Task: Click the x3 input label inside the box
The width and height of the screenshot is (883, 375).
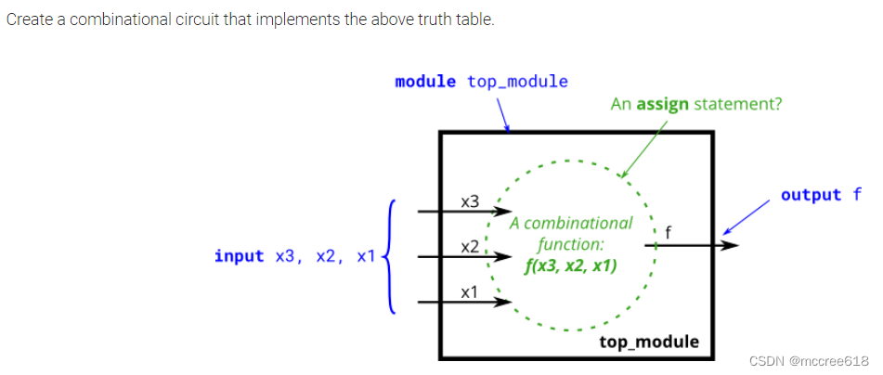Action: pos(471,200)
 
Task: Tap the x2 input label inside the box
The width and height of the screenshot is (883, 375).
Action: pos(470,246)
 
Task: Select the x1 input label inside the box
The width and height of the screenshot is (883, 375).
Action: pos(470,292)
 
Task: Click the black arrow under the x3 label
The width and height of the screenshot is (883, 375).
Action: pos(460,212)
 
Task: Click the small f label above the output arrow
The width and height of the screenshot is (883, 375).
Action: pos(669,231)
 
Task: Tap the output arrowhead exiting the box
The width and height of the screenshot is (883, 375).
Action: pos(731,245)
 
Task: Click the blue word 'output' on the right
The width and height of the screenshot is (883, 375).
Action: pos(811,195)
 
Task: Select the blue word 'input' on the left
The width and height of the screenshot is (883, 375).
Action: pos(239,255)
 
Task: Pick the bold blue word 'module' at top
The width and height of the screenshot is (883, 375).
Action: pos(425,82)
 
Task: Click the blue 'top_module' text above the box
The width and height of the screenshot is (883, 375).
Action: pos(517,82)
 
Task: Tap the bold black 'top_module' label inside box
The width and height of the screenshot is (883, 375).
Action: pos(649,342)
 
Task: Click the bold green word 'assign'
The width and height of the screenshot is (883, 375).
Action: pos(662,104)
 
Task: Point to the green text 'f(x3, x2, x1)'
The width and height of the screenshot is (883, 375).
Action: pos(572,267)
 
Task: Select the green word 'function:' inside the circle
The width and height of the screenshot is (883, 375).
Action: pos(571,246)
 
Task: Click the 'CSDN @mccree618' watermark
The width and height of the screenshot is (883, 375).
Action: pos(808,360)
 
